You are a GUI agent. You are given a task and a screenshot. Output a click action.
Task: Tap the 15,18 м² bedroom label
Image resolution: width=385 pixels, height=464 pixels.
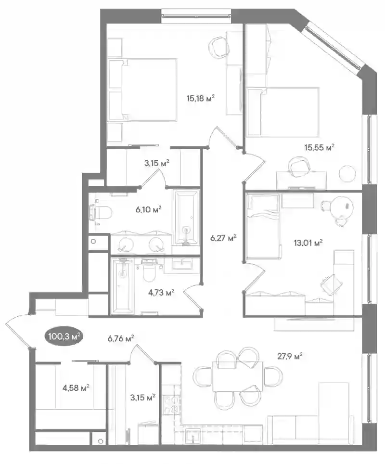pos(200,98)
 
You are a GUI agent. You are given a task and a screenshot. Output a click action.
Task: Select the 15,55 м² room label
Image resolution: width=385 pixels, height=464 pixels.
pos(319,147)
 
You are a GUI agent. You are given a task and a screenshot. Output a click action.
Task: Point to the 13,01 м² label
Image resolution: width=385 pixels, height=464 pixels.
pos(308,243)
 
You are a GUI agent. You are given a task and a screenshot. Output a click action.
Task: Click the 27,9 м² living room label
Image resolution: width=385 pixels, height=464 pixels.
pos(290,356)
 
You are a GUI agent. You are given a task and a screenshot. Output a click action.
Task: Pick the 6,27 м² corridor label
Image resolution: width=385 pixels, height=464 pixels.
pos(223,238)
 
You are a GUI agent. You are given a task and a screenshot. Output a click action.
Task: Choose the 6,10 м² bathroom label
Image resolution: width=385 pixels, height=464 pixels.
pos(149,209)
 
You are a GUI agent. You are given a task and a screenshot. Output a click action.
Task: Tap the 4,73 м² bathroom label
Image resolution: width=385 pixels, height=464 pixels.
pos(161,293)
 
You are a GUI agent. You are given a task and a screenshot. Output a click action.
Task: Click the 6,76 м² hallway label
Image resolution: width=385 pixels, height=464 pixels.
pos(121,338)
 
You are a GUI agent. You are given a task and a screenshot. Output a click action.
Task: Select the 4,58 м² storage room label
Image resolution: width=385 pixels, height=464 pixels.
pos(76,387)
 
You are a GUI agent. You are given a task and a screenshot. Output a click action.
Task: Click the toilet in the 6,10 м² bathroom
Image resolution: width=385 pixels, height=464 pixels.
pos(101,212)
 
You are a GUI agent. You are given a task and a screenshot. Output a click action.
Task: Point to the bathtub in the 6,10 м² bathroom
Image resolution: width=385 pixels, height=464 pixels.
pos(186,219)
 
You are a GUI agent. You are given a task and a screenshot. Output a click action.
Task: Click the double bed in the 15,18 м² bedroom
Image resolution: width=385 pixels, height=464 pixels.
pos(143,90)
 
